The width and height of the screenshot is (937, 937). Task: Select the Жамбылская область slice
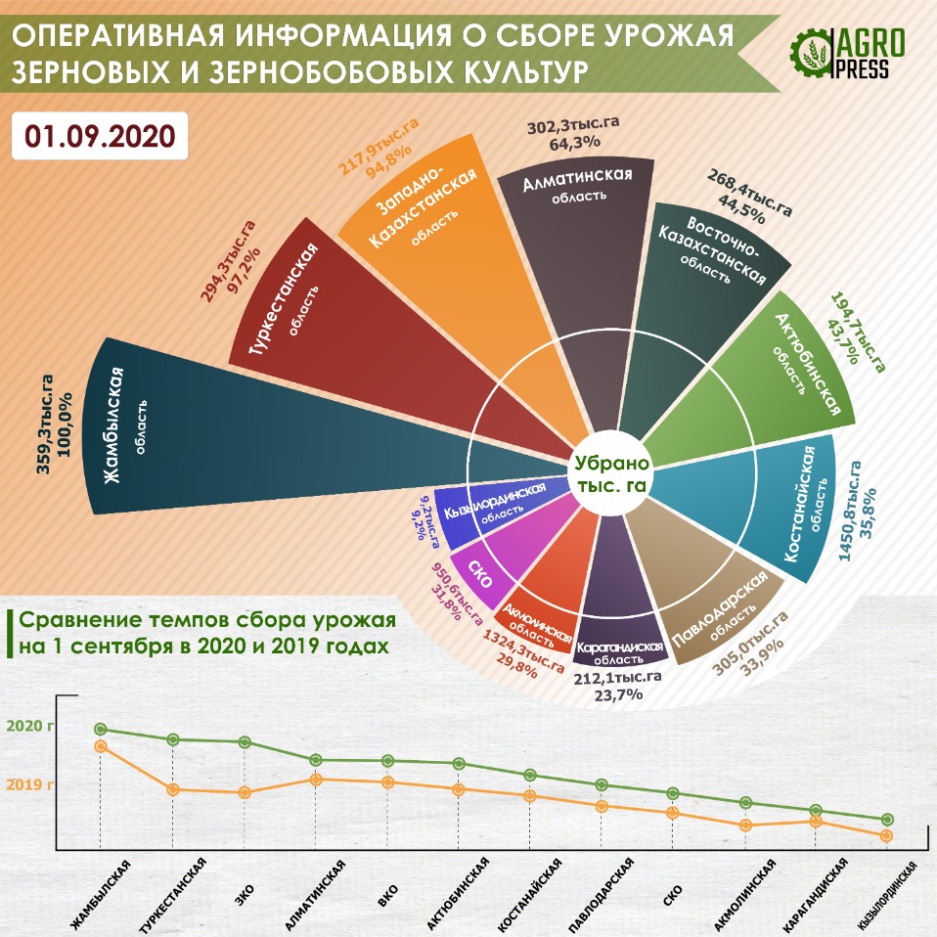tap(245, 430)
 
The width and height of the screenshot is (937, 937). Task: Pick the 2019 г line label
tap(30, 783)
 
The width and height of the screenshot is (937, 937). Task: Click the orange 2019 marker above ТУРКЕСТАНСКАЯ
tap(173, 789)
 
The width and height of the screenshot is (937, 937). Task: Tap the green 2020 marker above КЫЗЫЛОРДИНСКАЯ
tap(887, 820)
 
